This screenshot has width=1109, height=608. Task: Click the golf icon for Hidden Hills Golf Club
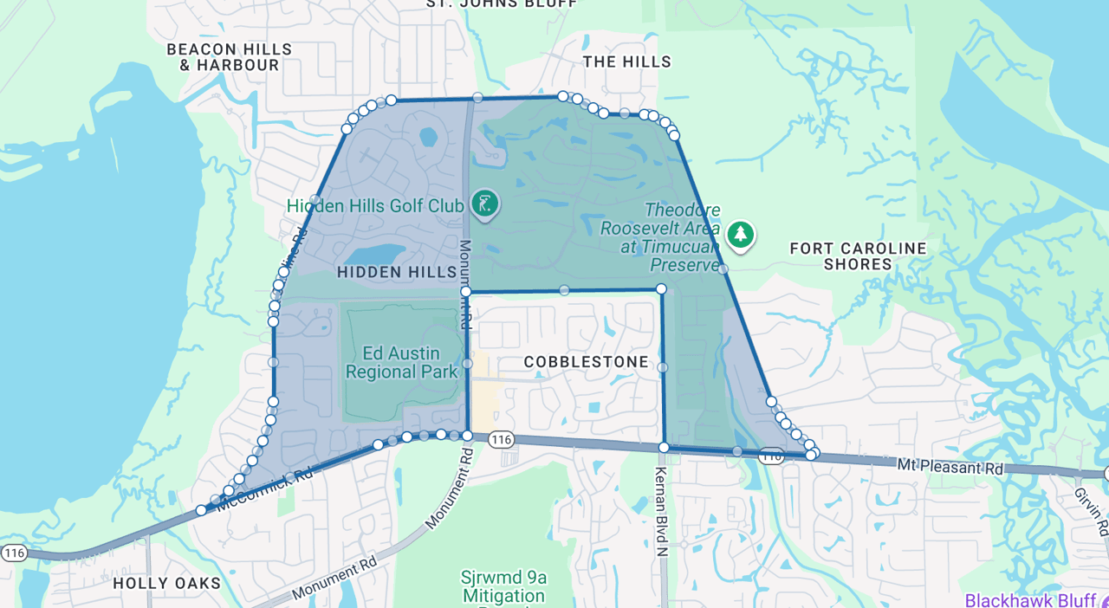click(x=484, y=204)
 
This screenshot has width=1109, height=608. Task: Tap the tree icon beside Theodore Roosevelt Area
click(x=740, y=234)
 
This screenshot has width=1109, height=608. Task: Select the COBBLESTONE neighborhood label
click(x=586, y=361)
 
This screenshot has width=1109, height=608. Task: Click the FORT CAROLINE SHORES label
click(x=858, y=256)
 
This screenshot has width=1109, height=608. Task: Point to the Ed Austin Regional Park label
click(x=400, y=363)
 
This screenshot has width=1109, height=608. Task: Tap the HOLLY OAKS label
click(x=167, y=583)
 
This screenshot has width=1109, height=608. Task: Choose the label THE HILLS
click(x=626, y=61)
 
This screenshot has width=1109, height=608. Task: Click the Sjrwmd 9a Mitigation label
click(x=503, y=586)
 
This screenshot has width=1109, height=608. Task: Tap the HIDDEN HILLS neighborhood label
click(x=396, y=272)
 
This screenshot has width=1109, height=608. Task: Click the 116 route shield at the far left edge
click(x=14, y=553)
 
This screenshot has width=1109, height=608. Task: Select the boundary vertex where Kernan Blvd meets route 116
click(x=664, y=448)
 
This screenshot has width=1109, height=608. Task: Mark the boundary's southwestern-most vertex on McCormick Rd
click(x=201, y=510)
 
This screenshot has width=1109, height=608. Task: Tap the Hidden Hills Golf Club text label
click(x=377, y=205)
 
